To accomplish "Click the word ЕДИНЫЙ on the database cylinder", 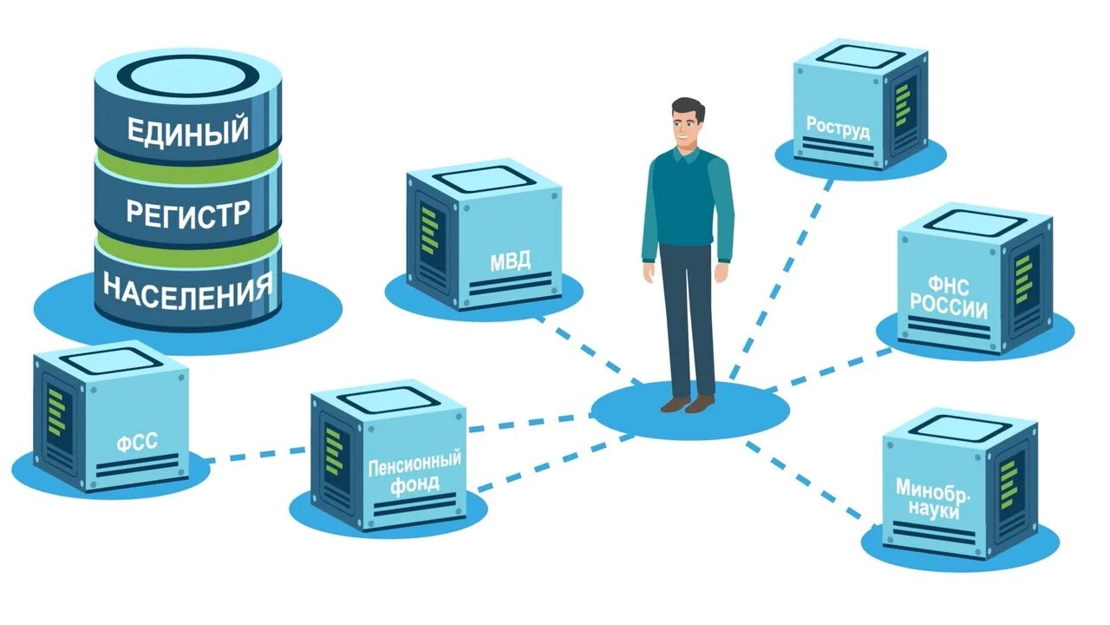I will [187, 130].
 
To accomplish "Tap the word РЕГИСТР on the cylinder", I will [187, 212].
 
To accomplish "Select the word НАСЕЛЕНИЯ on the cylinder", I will [187, 286].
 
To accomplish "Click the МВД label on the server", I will [510, 260].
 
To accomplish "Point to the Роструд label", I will [838, 126].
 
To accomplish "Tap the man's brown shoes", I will [687, 404].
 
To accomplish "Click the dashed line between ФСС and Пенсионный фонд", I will [256, 454].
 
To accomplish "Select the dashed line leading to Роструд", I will [780, 278].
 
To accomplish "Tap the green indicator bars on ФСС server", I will [56, 412].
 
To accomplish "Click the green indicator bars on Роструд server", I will [902, 104].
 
